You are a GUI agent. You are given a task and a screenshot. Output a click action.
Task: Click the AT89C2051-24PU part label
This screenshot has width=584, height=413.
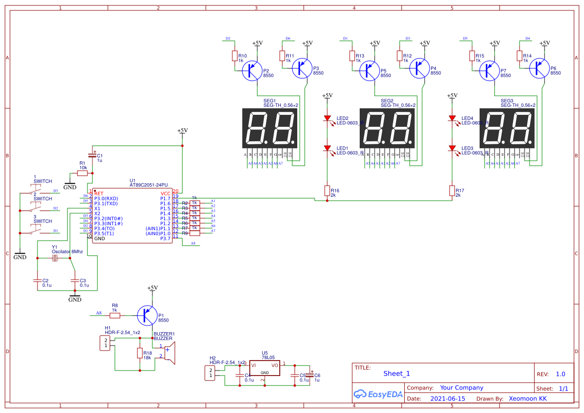(148, 185)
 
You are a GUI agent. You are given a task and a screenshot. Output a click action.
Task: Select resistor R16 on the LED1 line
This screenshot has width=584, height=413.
(327, 190)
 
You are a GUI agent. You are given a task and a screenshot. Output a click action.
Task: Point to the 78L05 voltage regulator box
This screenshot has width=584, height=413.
(264, 369)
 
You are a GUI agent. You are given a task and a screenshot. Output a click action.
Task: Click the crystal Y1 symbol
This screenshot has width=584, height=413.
(55, 258)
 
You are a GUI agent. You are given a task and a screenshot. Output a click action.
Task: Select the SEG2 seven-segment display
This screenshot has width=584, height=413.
(388, 128)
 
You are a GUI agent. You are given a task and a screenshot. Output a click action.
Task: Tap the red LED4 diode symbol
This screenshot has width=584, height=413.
(452, 119)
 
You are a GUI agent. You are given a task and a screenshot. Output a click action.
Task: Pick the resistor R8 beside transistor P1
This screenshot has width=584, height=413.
(114, 315)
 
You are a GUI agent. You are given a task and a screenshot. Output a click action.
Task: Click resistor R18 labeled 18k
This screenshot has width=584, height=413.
(140, 353)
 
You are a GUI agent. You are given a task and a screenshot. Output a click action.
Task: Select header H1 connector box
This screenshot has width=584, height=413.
(105, 343)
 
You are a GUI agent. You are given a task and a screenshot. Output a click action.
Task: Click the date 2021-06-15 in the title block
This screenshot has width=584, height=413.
(447, 399)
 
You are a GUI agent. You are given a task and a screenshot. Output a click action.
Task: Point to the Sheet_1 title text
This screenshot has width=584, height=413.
(397, 374)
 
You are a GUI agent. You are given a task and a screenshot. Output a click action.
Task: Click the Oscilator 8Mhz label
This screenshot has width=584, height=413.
(67, 252)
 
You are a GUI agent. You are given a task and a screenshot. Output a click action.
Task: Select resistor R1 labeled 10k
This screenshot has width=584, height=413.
(82, 173)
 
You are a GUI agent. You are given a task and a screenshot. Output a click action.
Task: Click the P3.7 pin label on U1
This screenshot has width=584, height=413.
(165, 238)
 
